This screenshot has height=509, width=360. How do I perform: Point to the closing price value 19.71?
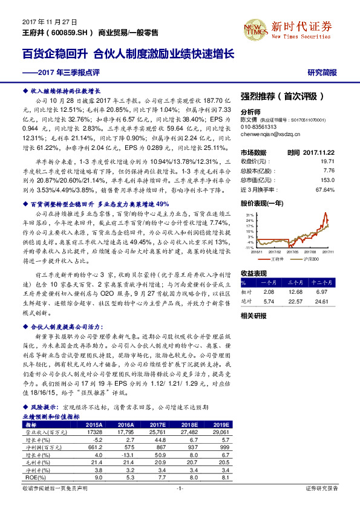326,161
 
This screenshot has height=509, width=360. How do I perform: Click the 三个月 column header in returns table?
296,282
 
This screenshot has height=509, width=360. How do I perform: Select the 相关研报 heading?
254,316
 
